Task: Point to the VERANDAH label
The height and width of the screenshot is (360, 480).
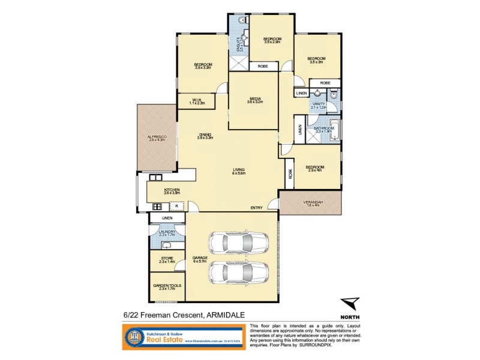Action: pyautogui.click(x=311, y=202)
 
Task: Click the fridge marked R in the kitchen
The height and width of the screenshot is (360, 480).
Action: pyautogui.click(x=176, y=206)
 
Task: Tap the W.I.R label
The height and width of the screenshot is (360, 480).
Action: pyautogui.click(x=197, y=100)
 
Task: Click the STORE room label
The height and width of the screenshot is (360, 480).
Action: pyautogui.click(x=167, y=259)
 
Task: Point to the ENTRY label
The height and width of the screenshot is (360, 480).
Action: pyautogui.click(x=257, y=208)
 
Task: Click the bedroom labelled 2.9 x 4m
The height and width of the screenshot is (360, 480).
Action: pyautogui.click(x=314, y=167)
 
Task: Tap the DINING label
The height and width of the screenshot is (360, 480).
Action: pyautogui.click(x=205, y=135)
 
